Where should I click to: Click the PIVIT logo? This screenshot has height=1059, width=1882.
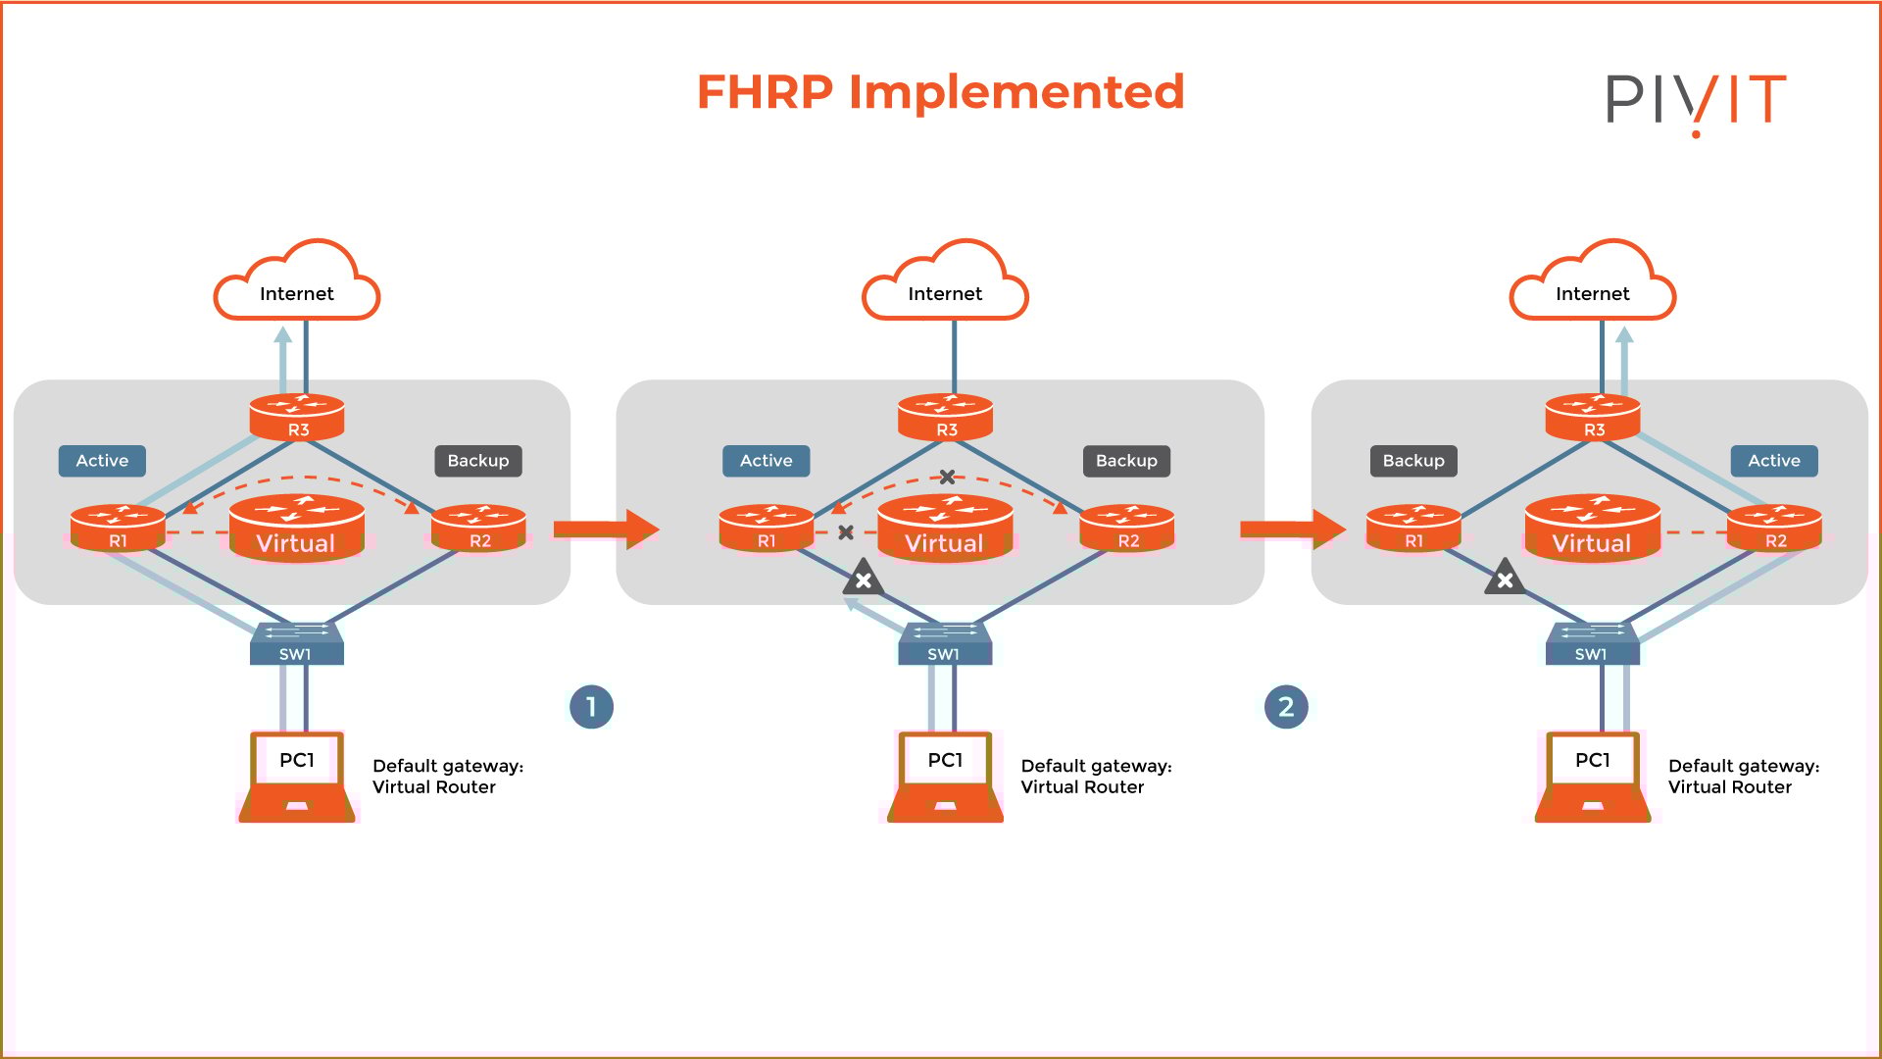pyautogui.click(x=1695, y=101)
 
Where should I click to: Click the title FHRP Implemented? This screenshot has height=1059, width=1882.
pyautogui.click(x=940, y=92)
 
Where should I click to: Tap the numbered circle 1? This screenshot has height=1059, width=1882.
pyautogui.click(x=591, y=707)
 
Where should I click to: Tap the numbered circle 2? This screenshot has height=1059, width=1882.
pyautogui.click(x=1286, y=707)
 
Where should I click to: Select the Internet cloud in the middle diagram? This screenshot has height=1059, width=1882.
pyautogui.click(x=945, y=286)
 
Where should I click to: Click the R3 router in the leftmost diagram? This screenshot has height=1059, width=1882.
pyautogui.click(x=297, y=417)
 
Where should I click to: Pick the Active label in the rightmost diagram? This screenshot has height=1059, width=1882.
pyautogui.click(x=1773, y=461)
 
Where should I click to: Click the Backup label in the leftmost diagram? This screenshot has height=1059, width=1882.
pyautogui.click(x=477, y=461)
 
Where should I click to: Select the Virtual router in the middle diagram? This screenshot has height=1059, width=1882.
pyautogui.click(x=945, y=529)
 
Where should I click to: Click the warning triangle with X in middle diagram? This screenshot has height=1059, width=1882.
pyautogui.click(x=864, y=580)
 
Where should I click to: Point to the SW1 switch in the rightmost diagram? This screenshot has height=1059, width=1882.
pyautogui.click(x=1592, y=644)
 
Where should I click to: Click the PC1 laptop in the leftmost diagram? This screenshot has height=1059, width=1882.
pyautogui.click(x=297, y=777)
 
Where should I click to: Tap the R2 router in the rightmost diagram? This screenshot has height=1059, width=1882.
pyautogui.click(x=1774, y=529)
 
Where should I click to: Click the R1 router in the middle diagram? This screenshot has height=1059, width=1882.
pyautogui.click(x=766, y=529)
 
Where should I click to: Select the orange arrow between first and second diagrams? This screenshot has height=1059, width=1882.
pyautogui.click(x=606, y=529)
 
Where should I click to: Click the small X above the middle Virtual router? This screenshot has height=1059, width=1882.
pyautogui.click(x=947, y=478)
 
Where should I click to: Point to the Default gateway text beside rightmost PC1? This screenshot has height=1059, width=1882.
pyautogui.click(x=1743, y=777)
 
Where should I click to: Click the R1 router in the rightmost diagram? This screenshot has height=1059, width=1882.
pyautogui.click(x=1413, y=529)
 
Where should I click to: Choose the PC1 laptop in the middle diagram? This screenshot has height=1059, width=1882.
pyautogui.click(x=945, y=777)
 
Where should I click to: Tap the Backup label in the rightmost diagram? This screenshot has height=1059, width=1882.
pyautogui.click(x=1412, y=461)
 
